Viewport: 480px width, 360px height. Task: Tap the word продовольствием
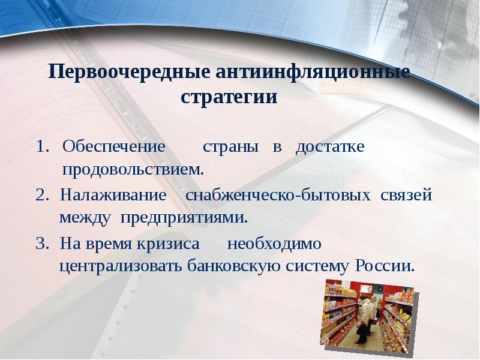pos(133,169)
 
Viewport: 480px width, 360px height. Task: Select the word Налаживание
pos(112,195)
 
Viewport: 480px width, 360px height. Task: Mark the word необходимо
pos(274,244)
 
